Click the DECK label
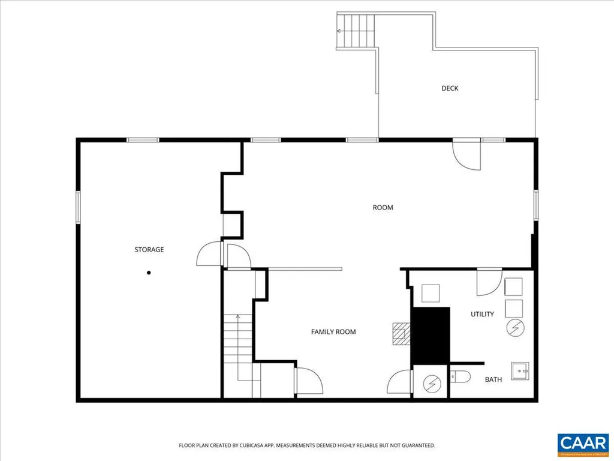(450, 88)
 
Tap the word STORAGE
(149, 250)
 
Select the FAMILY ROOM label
(333, 332)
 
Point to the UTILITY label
(482, 314)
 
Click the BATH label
(493, 379)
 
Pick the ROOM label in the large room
(383, 208)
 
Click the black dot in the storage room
(149, 273)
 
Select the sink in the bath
(519, 372)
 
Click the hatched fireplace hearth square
(401, 334)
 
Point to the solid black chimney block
(431, 335)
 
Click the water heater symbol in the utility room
(515, 328)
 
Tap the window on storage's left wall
(78, 207)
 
